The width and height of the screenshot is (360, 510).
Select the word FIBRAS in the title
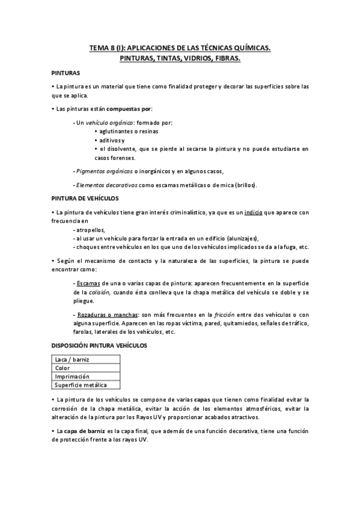[x=225, y=58]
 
